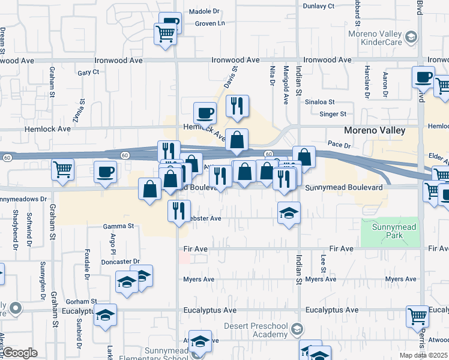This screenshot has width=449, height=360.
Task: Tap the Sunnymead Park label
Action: click(x=390, y=232)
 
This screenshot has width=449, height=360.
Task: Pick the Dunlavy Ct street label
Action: click(x=318, y=6)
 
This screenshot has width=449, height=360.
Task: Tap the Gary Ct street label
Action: click(x=88, y=72)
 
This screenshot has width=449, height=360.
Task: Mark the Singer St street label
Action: click(x=333, y=113)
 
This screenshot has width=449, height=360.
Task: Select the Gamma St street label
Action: click(x=118, y=226)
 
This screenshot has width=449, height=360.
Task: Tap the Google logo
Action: click(x=20, y=352)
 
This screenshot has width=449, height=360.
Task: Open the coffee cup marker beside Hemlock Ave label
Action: click(x=205, y=112)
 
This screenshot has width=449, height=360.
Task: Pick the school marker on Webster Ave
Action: click(x=289, y=212)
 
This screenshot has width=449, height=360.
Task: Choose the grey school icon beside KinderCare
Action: click(x=411, y=38)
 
